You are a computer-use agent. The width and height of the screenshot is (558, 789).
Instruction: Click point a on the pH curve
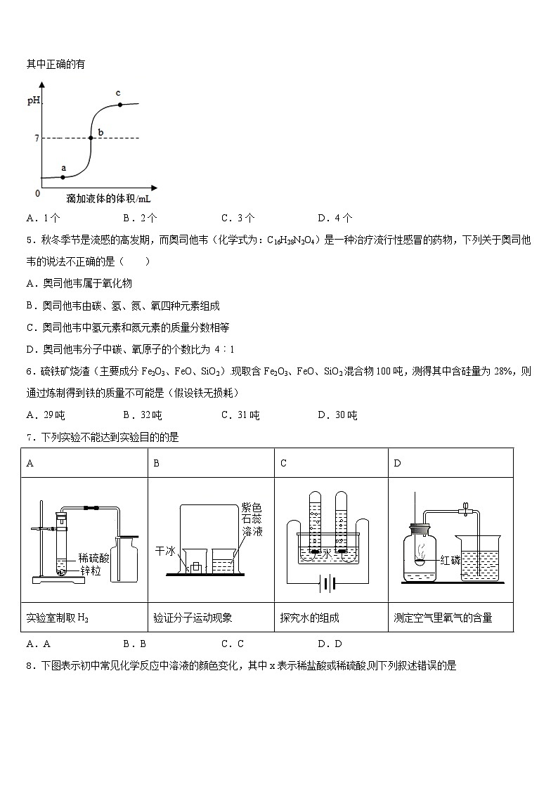coord(63,176)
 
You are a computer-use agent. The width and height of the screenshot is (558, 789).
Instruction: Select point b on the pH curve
coord(91,138)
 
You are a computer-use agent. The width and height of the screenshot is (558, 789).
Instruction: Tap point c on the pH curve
coord(120,105)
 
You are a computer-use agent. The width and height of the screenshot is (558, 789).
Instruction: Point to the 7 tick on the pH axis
coord(36,138)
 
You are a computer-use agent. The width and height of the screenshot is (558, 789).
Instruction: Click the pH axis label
coord(34,101)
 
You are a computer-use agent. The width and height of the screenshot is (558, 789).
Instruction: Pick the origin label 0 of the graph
coord(38,193)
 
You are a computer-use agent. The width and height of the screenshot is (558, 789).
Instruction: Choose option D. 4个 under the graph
coord(335,218)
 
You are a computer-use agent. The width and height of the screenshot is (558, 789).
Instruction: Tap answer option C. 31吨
coord(240,415)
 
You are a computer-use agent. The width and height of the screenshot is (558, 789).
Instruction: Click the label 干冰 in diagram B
coord(164,552)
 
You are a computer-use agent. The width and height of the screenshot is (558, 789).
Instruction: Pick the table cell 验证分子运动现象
coord(193,618)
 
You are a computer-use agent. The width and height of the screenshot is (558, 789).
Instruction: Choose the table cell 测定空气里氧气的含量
coord(443,618)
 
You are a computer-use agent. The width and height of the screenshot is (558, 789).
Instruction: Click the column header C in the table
coord(283,463)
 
